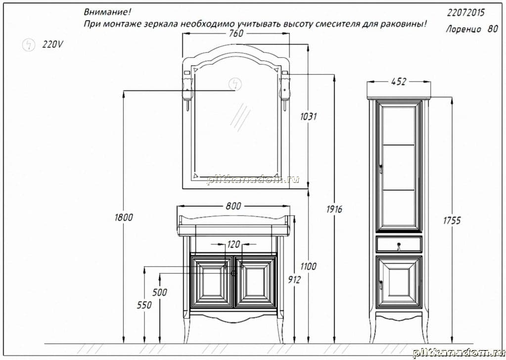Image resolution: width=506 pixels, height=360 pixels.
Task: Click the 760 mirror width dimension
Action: [236, 33]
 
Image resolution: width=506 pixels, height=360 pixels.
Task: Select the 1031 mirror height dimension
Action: [308, 116]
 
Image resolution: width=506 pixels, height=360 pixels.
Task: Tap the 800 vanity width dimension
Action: [233, 206]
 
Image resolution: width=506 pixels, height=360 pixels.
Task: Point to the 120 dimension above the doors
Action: [233, 244]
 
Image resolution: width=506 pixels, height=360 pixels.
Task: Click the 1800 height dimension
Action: [124, 217]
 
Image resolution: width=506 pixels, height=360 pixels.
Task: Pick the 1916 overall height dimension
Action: [334, 209]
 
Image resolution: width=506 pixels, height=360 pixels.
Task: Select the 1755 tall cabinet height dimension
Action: [452, 221]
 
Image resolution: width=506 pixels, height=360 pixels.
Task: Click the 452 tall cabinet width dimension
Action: [399, 82]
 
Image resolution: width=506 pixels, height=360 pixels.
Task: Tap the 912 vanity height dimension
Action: [294, 280]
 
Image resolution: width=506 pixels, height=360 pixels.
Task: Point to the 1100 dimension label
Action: [308, 266]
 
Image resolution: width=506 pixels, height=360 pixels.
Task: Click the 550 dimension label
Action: [144, 305]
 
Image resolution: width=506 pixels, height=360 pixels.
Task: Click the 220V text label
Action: [52, 44]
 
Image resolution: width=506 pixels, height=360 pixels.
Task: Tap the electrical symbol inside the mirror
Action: [235, 84]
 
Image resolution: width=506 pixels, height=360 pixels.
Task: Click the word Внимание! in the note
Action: [107, 12]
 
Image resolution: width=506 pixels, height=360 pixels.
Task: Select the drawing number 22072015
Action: [465, 12]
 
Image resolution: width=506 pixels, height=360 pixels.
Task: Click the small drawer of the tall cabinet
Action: [399, 244]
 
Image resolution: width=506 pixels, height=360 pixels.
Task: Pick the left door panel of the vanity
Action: [211, 282]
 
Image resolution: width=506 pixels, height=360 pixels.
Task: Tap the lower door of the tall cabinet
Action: [399, 282]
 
